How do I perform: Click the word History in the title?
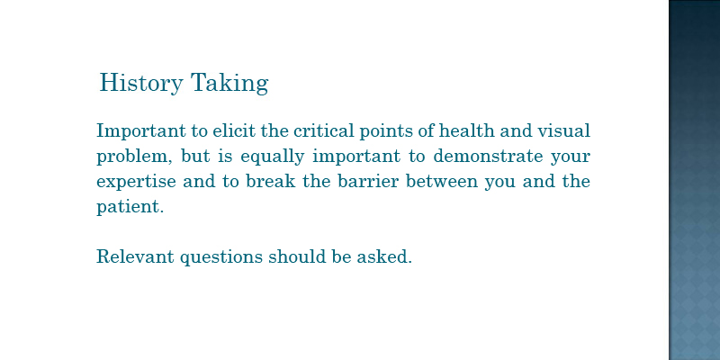pos(141,83)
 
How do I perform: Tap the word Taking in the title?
pos(229,83)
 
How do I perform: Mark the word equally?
pos(273,157)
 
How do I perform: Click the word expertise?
pos(136,182)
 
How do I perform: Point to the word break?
pos(271,181)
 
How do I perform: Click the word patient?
pos(130,207)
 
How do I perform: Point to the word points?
pos(385,131)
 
